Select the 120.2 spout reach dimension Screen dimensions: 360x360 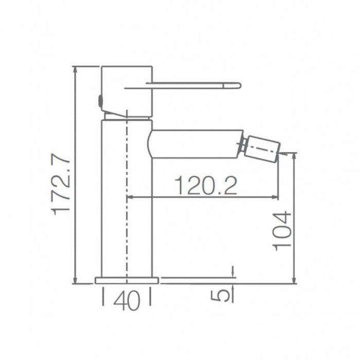click(206, 185)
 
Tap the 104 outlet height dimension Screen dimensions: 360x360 click(282, 231)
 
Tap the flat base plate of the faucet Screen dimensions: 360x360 click(127, 280)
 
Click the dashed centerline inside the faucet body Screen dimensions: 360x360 click(127, 206)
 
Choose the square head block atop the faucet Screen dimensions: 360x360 click(127, 90)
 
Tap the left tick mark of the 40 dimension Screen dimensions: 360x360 click(103, 297)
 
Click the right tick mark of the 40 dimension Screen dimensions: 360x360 click(150, 297)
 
